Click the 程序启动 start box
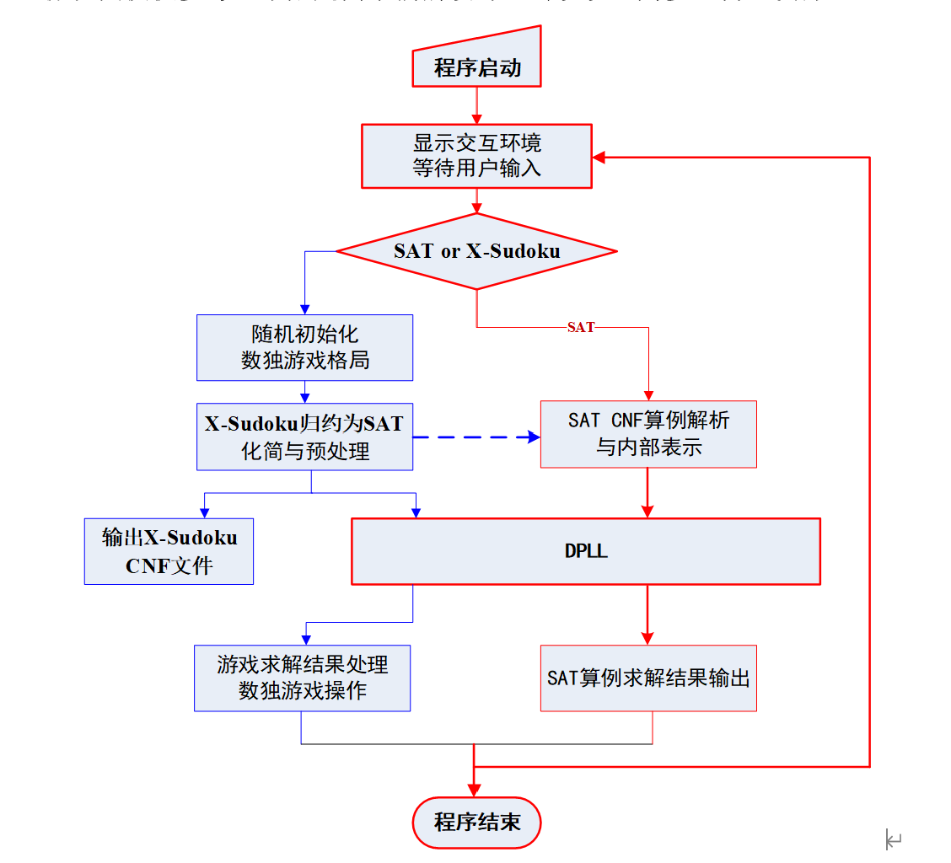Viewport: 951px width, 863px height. tap(476, 67)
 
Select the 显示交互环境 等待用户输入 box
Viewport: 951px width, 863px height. tap(476, 156)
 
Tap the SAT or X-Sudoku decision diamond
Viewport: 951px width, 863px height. tap(476, 251)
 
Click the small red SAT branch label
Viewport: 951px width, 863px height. tap(580, 327)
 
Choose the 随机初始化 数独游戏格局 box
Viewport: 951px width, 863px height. tap(304, 347)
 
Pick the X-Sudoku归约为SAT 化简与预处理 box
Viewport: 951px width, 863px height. tap(304, 437)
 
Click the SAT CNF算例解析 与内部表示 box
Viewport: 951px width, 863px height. tap(647, 434)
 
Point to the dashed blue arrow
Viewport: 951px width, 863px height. tap(476, 437)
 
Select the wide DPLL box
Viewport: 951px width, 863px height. tap(585, 551)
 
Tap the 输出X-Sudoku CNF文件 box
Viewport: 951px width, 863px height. tap(169, 551)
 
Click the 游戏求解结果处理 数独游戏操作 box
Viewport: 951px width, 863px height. tap(302, 678)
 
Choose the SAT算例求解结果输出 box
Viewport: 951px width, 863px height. tap(647, 678)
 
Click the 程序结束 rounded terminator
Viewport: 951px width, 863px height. tap(476, 822)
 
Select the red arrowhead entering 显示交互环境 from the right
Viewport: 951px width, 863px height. tap(599, 158)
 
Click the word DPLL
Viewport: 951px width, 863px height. tap(585, 552)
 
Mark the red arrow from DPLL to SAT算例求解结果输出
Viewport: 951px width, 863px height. tap(647, 615)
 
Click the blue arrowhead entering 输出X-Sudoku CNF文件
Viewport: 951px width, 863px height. tap(204, 512)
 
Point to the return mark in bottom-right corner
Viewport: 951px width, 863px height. tap(894, 839)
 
